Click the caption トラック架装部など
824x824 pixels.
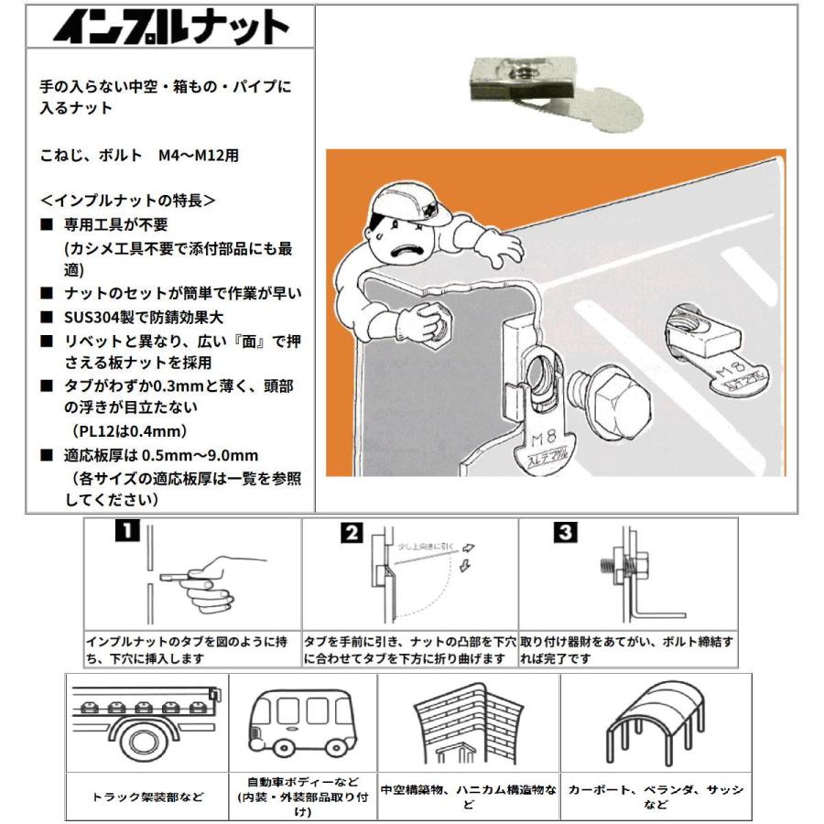tap(146, 797)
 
